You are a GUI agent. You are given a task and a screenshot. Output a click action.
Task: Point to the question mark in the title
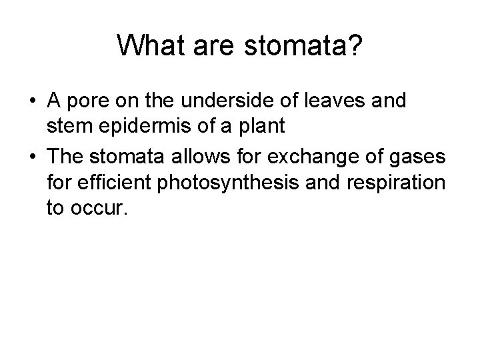(354, 46)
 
